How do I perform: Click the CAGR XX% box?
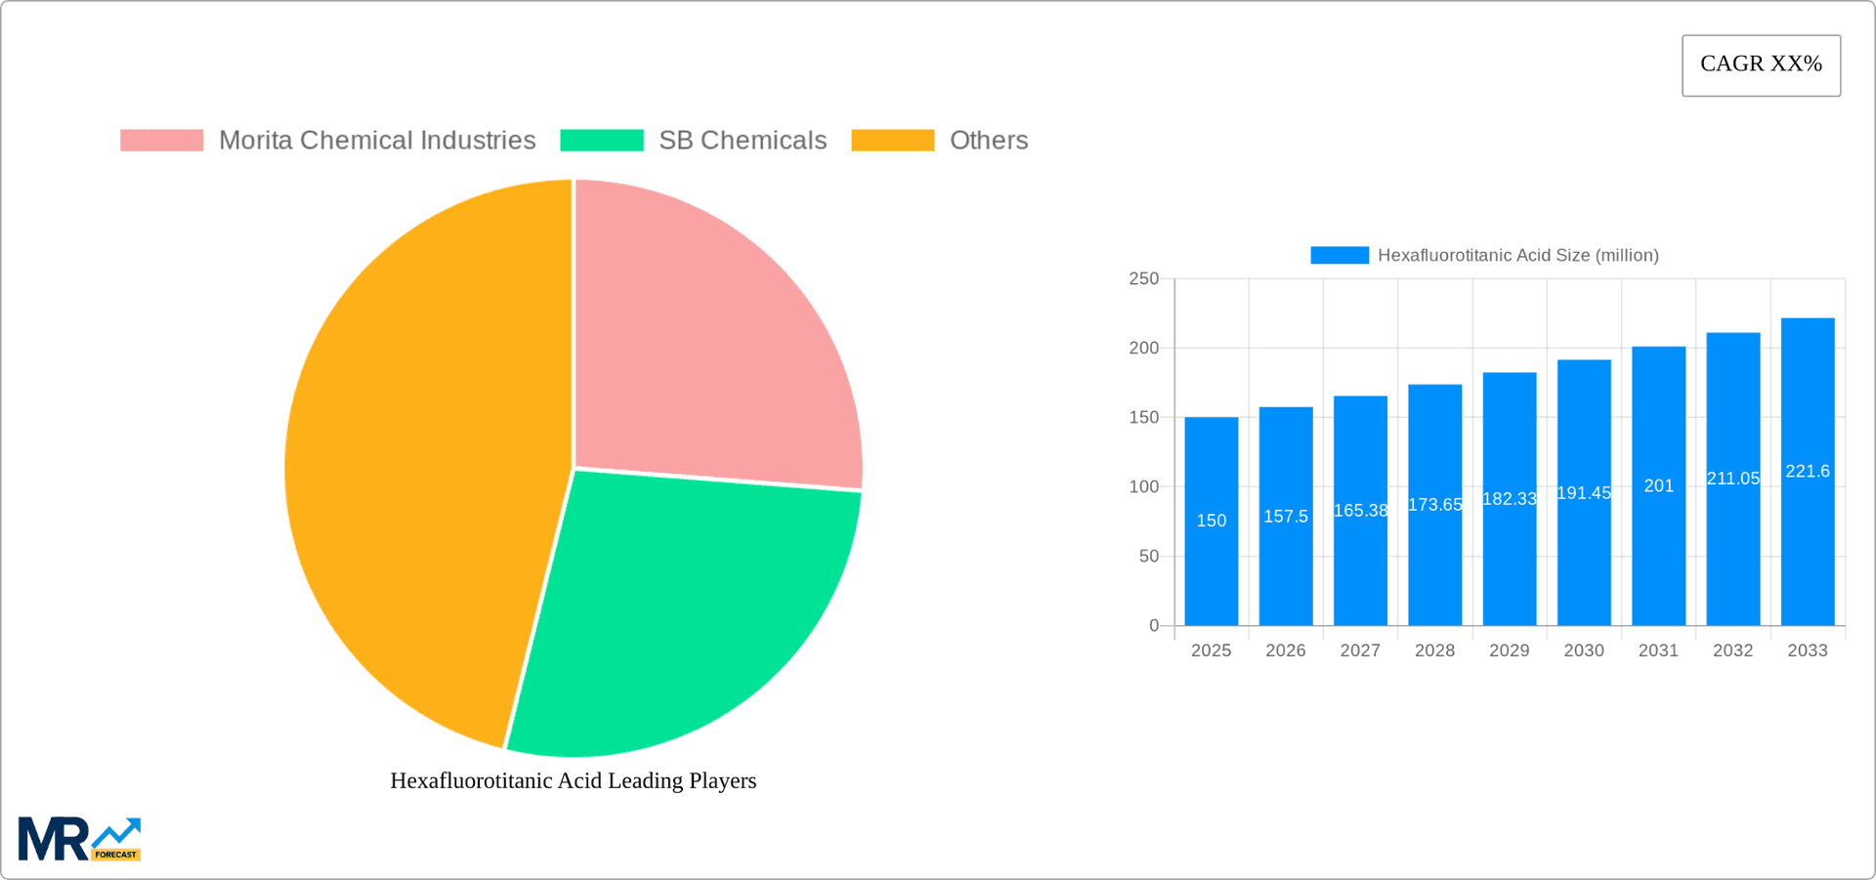tap(1761, 65)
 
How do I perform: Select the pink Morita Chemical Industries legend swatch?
tap(161, 141)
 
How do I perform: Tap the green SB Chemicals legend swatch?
tap(601, 141)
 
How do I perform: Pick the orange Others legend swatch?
tap(892, 141)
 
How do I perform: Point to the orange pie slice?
tap(420, 469)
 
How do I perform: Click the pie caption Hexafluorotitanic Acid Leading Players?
tap(574, 780)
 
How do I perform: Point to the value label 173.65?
tap(1434, 505)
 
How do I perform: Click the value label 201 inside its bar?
tap(1658, 485)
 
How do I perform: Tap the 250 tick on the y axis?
tap(1143, 279)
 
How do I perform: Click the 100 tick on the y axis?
tap(1143, 486)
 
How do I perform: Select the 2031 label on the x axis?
tap(1658, 650)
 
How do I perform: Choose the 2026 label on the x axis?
tap(1285, 650)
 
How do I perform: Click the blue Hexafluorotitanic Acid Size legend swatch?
tap(1339, 255)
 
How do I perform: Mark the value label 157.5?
tap(1285, 517)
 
